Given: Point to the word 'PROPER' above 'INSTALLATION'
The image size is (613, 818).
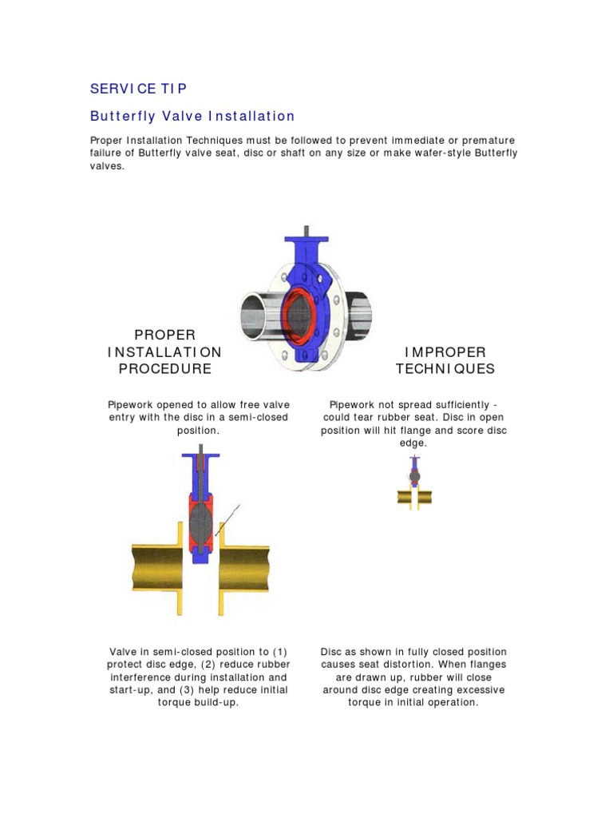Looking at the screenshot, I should click(x=164, y=335).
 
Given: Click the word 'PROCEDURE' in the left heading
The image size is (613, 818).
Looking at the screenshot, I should click(x=164, y=368).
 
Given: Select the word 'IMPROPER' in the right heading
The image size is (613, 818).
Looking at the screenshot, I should click(x=445, y=352).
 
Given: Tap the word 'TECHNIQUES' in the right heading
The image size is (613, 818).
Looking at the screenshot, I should click(x=445, y=368).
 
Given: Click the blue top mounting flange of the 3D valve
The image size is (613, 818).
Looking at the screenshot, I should click(x=306, y=240).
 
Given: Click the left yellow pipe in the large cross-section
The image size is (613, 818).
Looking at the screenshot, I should click(x=156, y=566).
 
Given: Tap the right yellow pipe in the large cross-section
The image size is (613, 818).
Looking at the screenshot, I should click(x=243, y=566).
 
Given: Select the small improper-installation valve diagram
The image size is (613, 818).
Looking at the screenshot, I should click(x=414, y=484).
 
